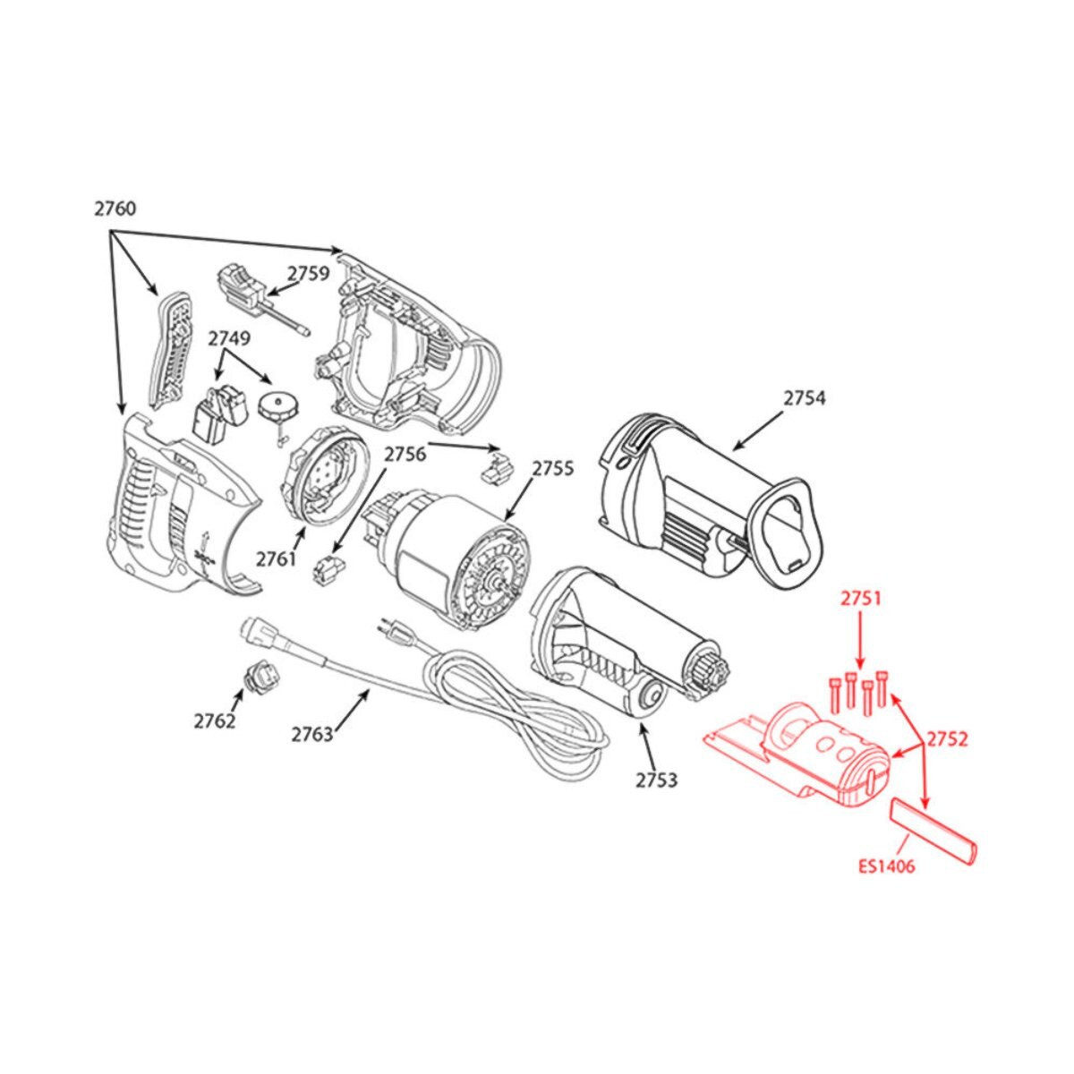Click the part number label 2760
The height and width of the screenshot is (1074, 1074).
pos(115,209)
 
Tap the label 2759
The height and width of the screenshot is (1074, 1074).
pos(308,274)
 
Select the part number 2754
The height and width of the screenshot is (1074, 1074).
pos(805,399)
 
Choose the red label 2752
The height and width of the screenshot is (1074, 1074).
pos(946,738)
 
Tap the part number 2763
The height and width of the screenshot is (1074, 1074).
pos(311,735)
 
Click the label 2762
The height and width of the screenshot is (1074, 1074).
pos(214,721)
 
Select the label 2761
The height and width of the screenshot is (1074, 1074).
pos(277,558)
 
